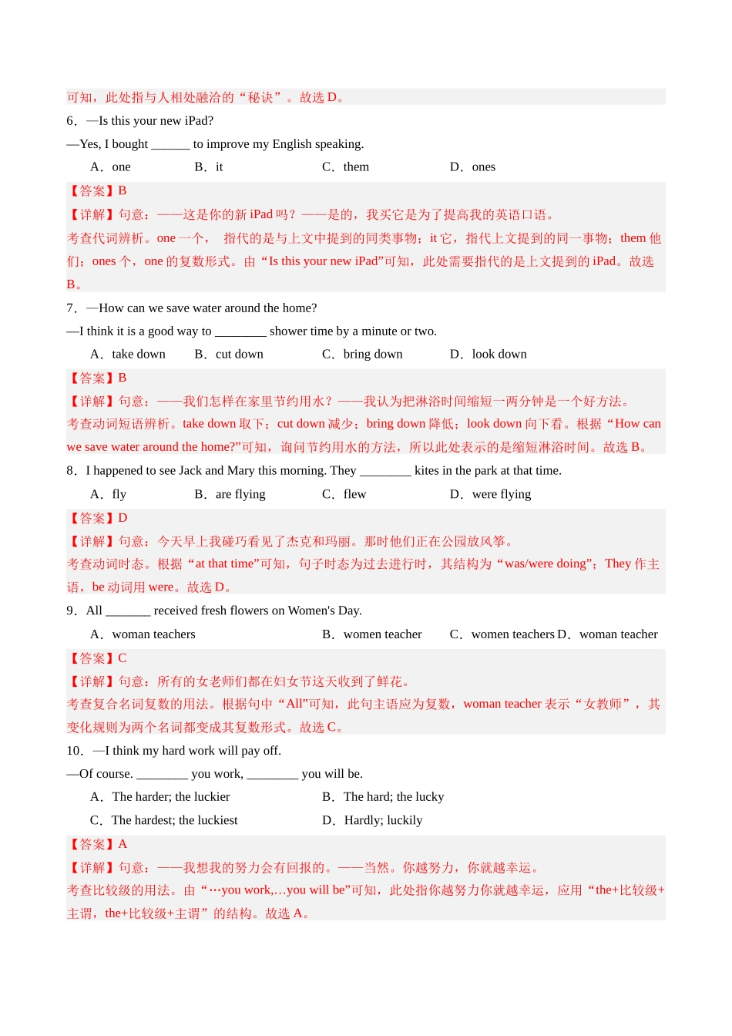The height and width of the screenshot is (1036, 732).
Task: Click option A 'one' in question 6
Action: (x=121, y=167)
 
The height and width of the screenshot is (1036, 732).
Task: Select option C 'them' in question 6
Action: (x=356, y=167)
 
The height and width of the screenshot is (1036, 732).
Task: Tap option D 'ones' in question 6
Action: (x=483, y=167)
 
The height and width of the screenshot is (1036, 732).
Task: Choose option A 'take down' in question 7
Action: (x=138, y=355)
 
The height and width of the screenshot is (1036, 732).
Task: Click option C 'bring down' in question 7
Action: (x=373, y=355)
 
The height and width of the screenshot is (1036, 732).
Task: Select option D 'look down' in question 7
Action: (x=499, y=355)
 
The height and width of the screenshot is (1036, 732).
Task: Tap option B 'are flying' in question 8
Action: (x=240, y=495)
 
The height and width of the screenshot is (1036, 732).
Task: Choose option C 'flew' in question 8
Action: (x=354, y=495)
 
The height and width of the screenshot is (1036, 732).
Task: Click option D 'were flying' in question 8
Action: (x=501, y=495)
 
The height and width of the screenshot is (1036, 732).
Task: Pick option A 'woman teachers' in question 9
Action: (x=153, y=634)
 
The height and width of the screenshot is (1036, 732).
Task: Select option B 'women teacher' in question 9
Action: (x=382, y=634)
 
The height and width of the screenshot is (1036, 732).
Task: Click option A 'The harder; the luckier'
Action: (x=170, y=797)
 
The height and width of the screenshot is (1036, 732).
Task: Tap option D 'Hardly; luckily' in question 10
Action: (x=383, y=820)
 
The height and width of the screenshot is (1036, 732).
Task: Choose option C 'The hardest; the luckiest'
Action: (x=174, y=820)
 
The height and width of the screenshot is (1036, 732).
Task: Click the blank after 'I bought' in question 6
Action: (x=170, y=145)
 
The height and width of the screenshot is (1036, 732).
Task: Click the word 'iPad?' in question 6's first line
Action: (x=199, y=121)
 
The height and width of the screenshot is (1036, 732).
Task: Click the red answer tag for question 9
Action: (x=97, y=658)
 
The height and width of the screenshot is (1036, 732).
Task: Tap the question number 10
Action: (x=75, y=751)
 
